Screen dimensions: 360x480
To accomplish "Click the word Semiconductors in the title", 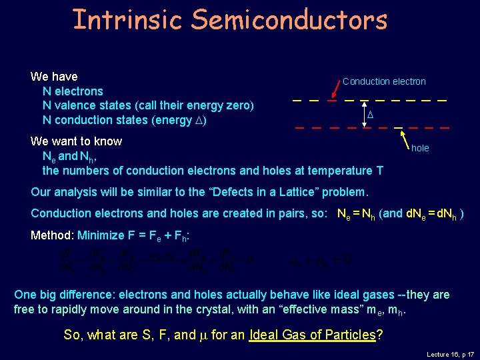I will click(289, 19).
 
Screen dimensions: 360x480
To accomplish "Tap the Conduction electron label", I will click(384, 81).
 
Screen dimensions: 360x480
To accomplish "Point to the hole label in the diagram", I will click(420, 148).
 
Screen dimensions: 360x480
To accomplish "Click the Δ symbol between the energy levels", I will click(371, 115).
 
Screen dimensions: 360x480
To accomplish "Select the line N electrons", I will click(73, 91).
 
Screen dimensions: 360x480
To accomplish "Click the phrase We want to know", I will click(76, 141).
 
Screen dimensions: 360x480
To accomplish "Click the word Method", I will click(52, 235).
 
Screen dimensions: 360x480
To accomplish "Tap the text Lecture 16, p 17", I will click(449, 355).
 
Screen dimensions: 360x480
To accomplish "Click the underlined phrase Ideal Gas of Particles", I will click(312, 335).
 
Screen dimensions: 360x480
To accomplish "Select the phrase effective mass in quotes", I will click(318, 309).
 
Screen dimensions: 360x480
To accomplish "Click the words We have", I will click(54, 77).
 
